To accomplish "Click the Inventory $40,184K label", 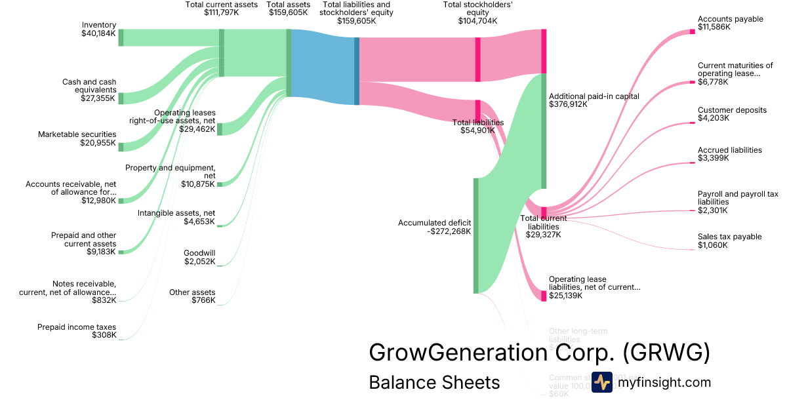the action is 98,28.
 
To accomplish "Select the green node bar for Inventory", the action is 121,37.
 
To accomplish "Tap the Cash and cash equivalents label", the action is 89,86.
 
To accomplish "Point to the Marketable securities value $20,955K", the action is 98,143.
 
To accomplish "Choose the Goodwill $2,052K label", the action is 199,257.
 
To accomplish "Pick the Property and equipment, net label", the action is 171,172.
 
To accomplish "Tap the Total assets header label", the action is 288,8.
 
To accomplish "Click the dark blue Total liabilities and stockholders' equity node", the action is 357,71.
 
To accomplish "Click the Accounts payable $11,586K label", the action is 730,23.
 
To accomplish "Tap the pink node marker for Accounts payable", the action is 692,31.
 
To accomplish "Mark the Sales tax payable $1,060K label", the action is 729,241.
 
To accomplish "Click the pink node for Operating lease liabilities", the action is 543,296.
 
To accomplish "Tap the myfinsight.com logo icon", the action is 601,382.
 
